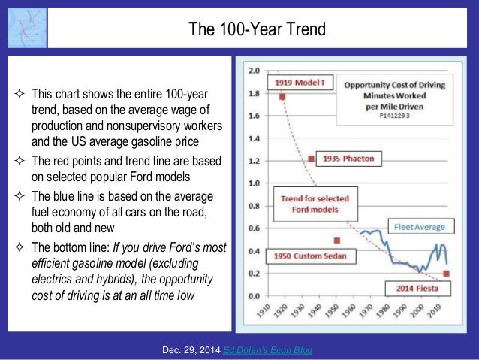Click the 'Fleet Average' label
pyautogui.click(x=417, y=225)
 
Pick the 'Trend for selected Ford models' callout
pyautogui.click(x=305, y=204)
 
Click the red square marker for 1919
pyautogui.click(x=282, y=97)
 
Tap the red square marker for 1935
pyautogui.click(x=312, y=159)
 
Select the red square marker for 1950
pyautogui.click(x=337, y=241)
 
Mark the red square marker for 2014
pyautogui.click(x=447, y=274)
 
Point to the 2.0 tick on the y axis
pyautogui.click(x=255, y=71)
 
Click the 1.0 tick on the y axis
pyautogui.click(x=255, y=183)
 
